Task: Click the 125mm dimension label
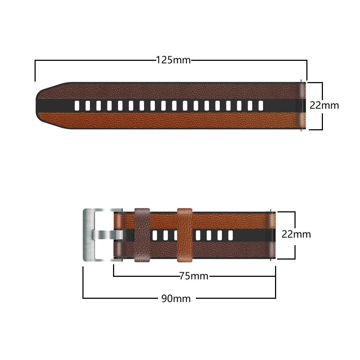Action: pos(173,60)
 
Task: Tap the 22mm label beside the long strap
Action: pos(324,105)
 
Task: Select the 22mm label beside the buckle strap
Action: pos(296,234)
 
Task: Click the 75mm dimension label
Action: pos(194,276)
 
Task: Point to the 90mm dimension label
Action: pos(176,298)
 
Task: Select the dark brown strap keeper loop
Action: pos(142,235)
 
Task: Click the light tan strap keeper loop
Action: pos(184,235)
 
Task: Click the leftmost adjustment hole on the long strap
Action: pos(76,105)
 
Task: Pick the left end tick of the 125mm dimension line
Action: pos(35,71)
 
